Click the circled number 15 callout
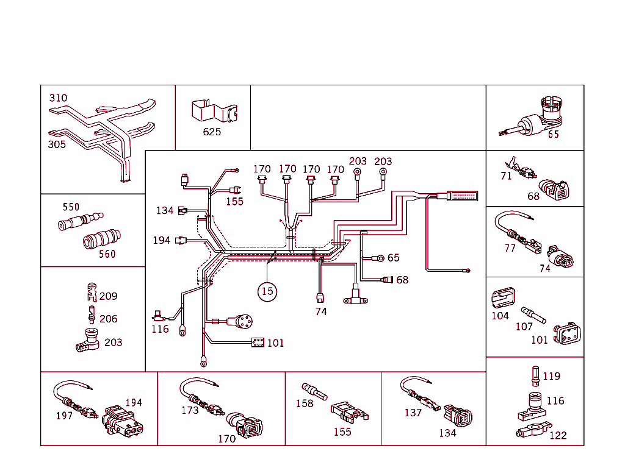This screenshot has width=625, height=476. coord(267,291)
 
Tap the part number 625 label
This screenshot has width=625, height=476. coord(212,132)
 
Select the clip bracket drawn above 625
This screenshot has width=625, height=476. coord(214,111)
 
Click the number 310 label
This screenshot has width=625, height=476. coord(58,98)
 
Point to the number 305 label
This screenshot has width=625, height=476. coord(57,144)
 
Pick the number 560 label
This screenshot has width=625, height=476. coord(107,254)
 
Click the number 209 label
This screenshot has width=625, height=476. coord(108,296)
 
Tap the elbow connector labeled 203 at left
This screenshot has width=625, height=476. coord(88,341)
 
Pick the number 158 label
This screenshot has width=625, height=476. coord(304,403)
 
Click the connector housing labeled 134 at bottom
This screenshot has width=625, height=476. coord(459,417)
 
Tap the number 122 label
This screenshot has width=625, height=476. coord(557,435)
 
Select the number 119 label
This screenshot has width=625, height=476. coord(551,376)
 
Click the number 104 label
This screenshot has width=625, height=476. coord(500,315)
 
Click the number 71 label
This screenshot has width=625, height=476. coord(506,176)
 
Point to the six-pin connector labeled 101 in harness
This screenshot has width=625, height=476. coord(258,343)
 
